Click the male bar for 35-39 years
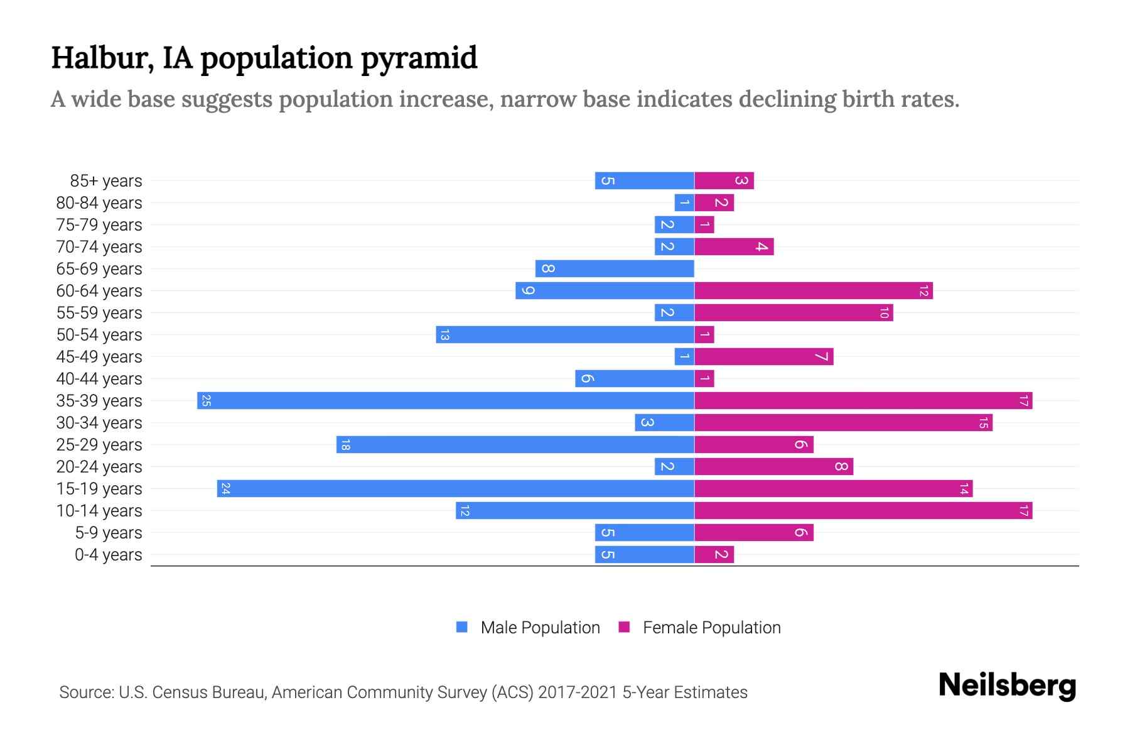pyautogui.click(x=446, y=401)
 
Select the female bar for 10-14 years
pyautogui.click(x=863, y=511)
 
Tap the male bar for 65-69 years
pyautogui.click(x=615, y=269)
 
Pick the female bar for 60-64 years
pyautogui.click(x=813, y=291)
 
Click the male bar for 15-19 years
pyautogui.click(x=456, y=489)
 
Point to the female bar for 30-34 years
pyautogui.click(x=843, y=423)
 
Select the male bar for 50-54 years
pyautogui.click(x=565, y=335)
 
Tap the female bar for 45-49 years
pyautogui.click(x=763, y=357)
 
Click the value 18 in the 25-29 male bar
pyautogui.click(x=345, y=445)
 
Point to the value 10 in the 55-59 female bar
pyautogui.click(x=884, y=313)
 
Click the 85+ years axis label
pyautogui.click(x=105, y=181)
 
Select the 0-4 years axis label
pyautogui.click(x=108, y=555)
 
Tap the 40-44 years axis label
pyautogui.click(x=99, y=379)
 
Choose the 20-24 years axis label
pyautogui.click(x=99, y=467)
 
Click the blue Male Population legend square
pyautogui.click(x=462, y=627)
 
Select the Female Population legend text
pyautogui.click(x=711, y=628)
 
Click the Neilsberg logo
pyautogui.click(x=1007, y=686)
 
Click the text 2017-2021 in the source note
pyautogui.click(x=578, y=692)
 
